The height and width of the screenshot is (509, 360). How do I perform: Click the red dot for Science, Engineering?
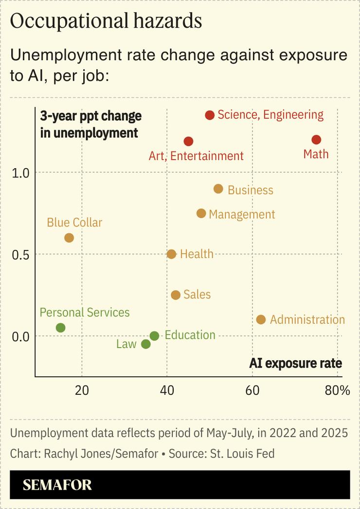tap(210, 115)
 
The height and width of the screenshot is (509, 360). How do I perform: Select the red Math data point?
tap(316, 140)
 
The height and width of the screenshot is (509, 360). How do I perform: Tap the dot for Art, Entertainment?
tap(189, 141)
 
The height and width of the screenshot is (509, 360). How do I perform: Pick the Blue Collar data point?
tap(69, 238)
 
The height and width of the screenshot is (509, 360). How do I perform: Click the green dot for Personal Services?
tap(60, 328)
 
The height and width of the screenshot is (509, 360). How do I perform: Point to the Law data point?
tap(145, 344)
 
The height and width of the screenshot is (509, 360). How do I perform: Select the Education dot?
tap(154, 336)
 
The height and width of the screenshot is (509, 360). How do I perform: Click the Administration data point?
tap(261, 319)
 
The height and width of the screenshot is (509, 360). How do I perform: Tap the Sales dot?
tap(176, 295)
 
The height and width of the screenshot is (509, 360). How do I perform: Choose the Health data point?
tap(171, 254)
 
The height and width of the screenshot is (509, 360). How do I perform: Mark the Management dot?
tap(201, 213)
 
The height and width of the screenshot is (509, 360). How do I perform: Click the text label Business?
tap(250, 190)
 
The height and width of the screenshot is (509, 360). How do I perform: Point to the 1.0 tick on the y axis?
tap(20, 173)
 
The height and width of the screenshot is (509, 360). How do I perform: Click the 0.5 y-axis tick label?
tap(20, 254)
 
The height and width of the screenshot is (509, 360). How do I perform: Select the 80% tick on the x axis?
tap(337, 390)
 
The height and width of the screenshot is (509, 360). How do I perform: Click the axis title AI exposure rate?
tap(295, 363)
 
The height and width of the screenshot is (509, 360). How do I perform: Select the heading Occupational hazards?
tap(106, 21)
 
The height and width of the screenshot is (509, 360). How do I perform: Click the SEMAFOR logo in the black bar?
tap(57, 485)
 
